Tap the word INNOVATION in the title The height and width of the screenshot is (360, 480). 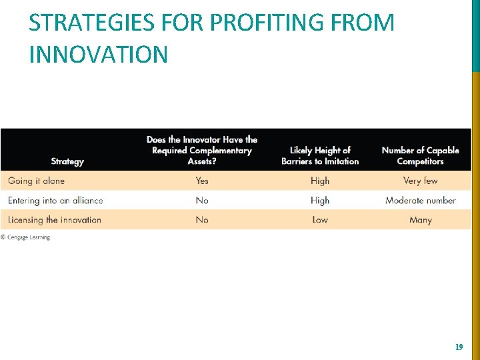pyautogui.click(x=99, y=55)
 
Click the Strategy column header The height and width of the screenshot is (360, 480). pyautogui.click(x=67, y=161)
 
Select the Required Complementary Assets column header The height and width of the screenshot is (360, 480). pyautogui.click(x=202, y=150)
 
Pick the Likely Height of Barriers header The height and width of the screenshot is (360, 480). pyautogui.click(x=320, y=155)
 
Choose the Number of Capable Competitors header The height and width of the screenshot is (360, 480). pyautogui.click(x=420, y=155)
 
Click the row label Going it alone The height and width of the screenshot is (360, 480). pyautogui.click(x=37, y=181)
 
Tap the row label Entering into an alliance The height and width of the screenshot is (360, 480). pyautogui.click(x=55, y=200)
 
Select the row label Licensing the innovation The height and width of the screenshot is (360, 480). pyautogui.click(x=55, y=219)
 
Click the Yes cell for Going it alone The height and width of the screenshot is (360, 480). pyautogui.click(x=202, y=181)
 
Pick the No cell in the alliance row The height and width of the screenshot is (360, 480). pyautogui.click(x=202, y=200)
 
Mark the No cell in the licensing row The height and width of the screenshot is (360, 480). pyautogui.click(x=202, y=219)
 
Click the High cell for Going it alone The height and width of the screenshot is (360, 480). pyautogui.click(x=320, y=181)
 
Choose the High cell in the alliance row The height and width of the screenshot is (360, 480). pyautogui.click(x=320, y=200)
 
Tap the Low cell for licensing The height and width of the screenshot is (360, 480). pyautogui.click(x=320, y=219)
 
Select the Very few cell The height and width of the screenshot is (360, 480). pyautogui.click(x=421, y=181)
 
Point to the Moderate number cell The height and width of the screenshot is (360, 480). pyautogui.click(x=421, y=200)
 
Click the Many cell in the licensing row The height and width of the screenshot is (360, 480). pyautogui.click(x=421, y=219)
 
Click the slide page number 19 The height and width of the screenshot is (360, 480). pyautogui.click(x=459, y=347)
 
